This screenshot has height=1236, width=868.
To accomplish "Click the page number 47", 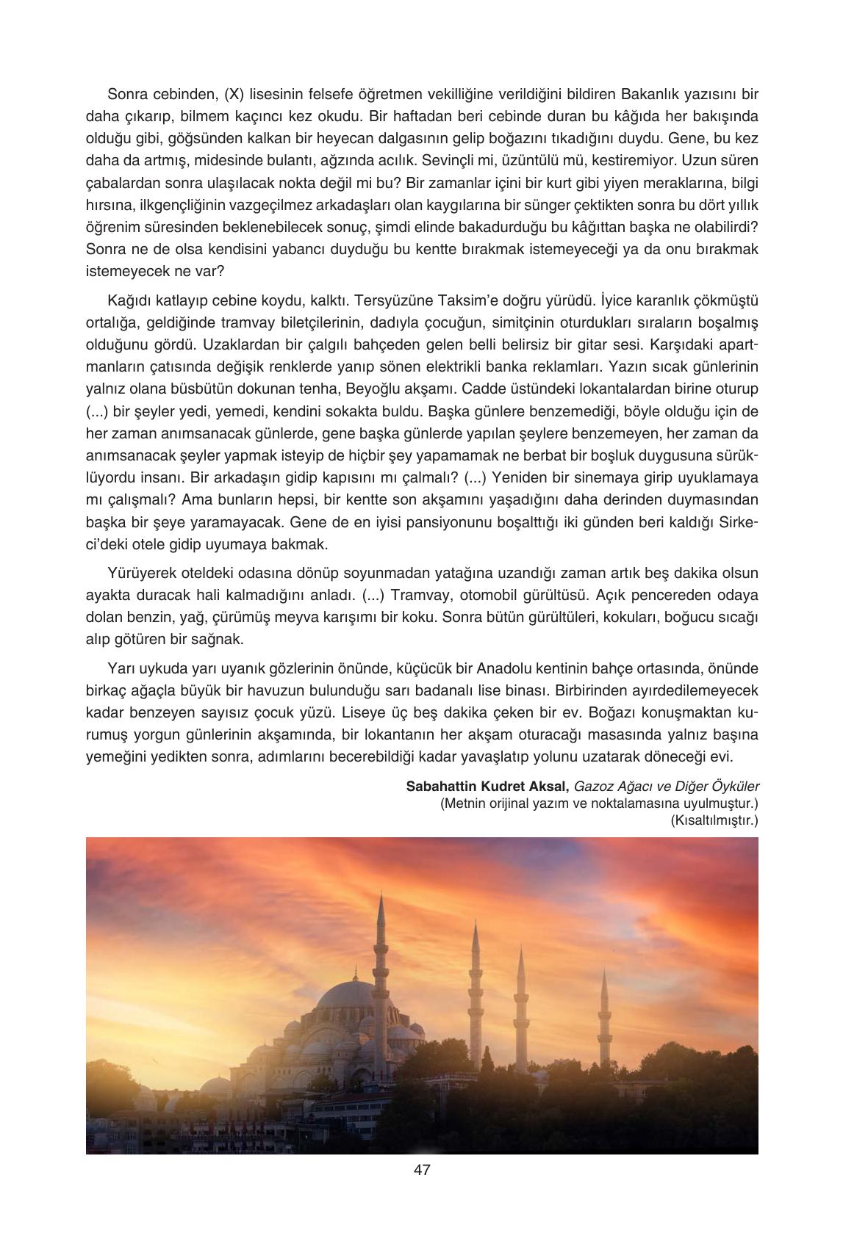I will pyautogui.click(x=422, y=1170).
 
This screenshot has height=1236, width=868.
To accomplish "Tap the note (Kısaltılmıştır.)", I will pyautogui.click(x=714, y=820).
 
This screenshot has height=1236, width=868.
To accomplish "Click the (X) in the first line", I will pyautogui.click(x=233, y=94).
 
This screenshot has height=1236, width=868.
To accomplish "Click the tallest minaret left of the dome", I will pyautogui.click(x=381, y=947).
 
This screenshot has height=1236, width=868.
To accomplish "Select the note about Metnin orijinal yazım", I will pyautogui.click(x=599, y=803).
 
